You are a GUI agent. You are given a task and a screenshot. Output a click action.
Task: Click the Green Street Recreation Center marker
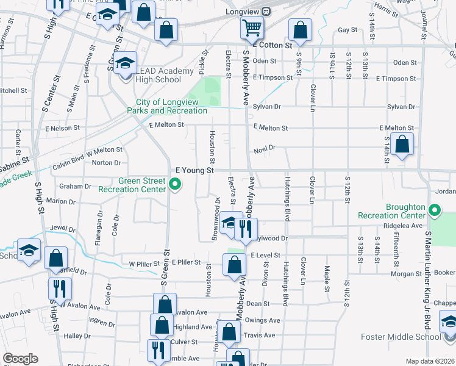click(176, 184)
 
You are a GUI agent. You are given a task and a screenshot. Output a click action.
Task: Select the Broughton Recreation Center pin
click(434, 210)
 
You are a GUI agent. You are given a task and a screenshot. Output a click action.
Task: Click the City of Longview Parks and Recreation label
click(167, 106)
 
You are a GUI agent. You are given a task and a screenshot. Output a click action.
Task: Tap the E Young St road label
click(194, 170)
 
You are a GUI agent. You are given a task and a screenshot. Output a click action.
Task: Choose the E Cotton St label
click(272, 45)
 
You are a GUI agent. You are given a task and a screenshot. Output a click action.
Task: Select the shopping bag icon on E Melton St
click(402, 145)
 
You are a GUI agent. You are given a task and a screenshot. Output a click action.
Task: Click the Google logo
click(20, 359)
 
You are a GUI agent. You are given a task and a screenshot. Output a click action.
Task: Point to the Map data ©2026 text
click(430, 361)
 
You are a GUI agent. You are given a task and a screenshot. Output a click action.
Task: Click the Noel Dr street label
click(265, 148)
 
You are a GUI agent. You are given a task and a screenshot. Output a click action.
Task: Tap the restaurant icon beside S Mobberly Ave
click(246, 228)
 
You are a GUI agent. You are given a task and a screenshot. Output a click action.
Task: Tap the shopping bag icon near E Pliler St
click(234, 265)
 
